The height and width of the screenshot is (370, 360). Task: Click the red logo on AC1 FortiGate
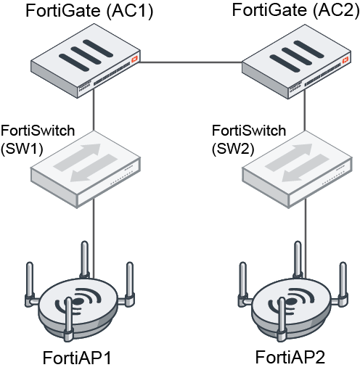(x=133, y=55)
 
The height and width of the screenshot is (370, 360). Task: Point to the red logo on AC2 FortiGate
(x=343, y=55)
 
